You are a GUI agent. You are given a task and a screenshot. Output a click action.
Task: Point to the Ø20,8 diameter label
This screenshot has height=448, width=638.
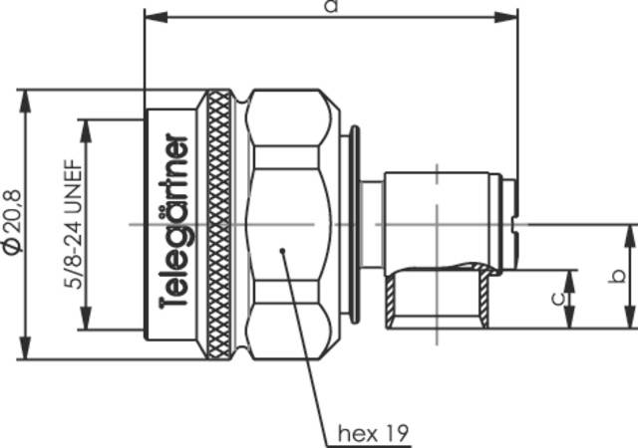tap(11, 221)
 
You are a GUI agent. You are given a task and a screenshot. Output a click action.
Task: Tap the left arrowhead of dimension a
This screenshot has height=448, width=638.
tap(151, 17)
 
